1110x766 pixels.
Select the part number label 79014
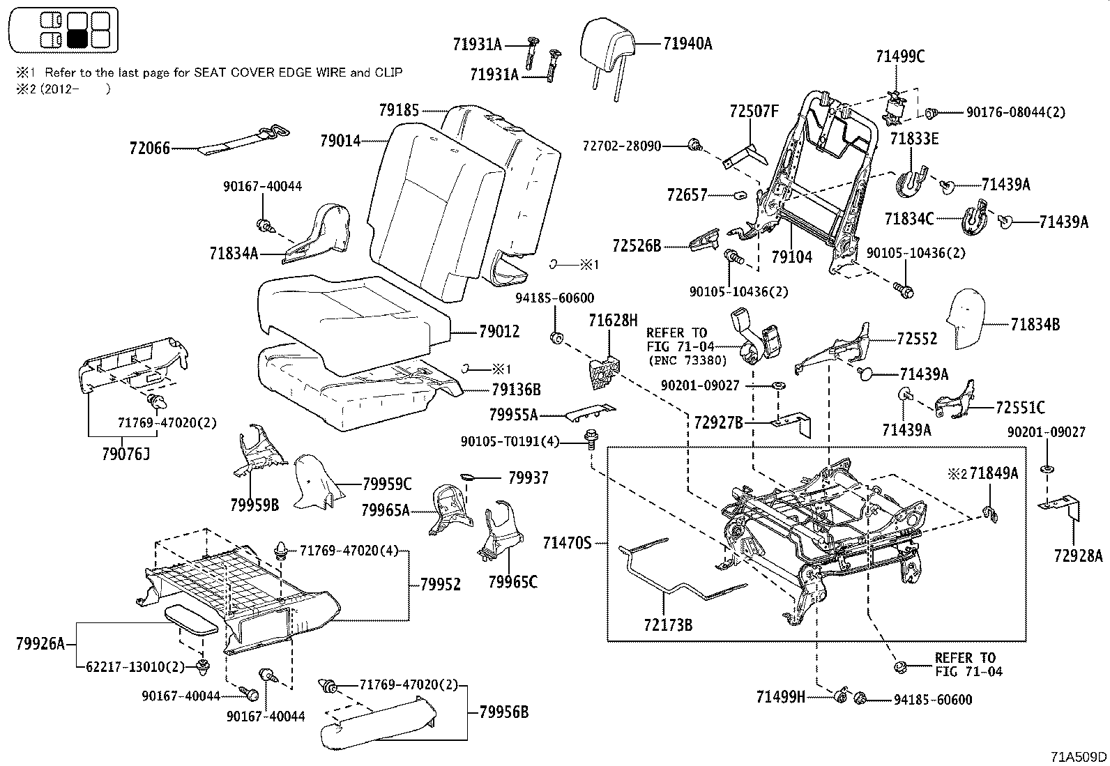pos(340,141)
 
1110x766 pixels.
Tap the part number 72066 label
pos(149,148)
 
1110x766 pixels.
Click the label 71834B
pos(1035,324)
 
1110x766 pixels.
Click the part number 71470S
pos(567,542)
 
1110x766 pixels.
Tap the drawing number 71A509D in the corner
pos(1079,756)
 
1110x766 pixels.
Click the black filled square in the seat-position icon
pos(78,38)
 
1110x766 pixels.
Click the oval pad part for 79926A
pos(191,618)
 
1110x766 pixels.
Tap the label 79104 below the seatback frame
pos(791,257)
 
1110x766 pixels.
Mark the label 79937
pos(528,477)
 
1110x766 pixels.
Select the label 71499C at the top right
pos(900,58)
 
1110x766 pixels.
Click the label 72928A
pos(1078,555)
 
